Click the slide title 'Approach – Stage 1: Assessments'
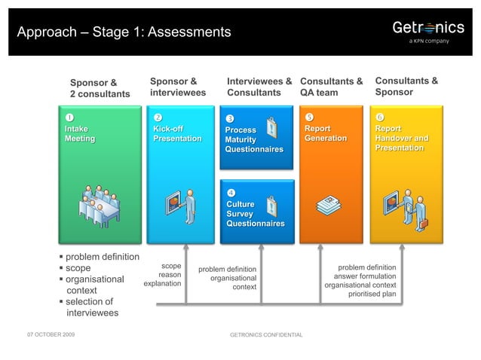click(124, 32)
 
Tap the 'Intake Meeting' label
click(80, 134)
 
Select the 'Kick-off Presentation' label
click(177, 134)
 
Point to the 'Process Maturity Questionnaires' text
click(254, 139)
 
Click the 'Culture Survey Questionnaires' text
click(255, 214)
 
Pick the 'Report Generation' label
click(326, 134)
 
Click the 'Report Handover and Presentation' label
click(401, 139)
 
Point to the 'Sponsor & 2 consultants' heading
click(100, 88)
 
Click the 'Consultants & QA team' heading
click(332, 87)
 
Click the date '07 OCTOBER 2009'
click(51, 333)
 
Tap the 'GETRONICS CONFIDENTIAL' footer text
click(266, 334)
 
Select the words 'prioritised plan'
click(372, 294)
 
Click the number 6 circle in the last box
click(380, 117)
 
